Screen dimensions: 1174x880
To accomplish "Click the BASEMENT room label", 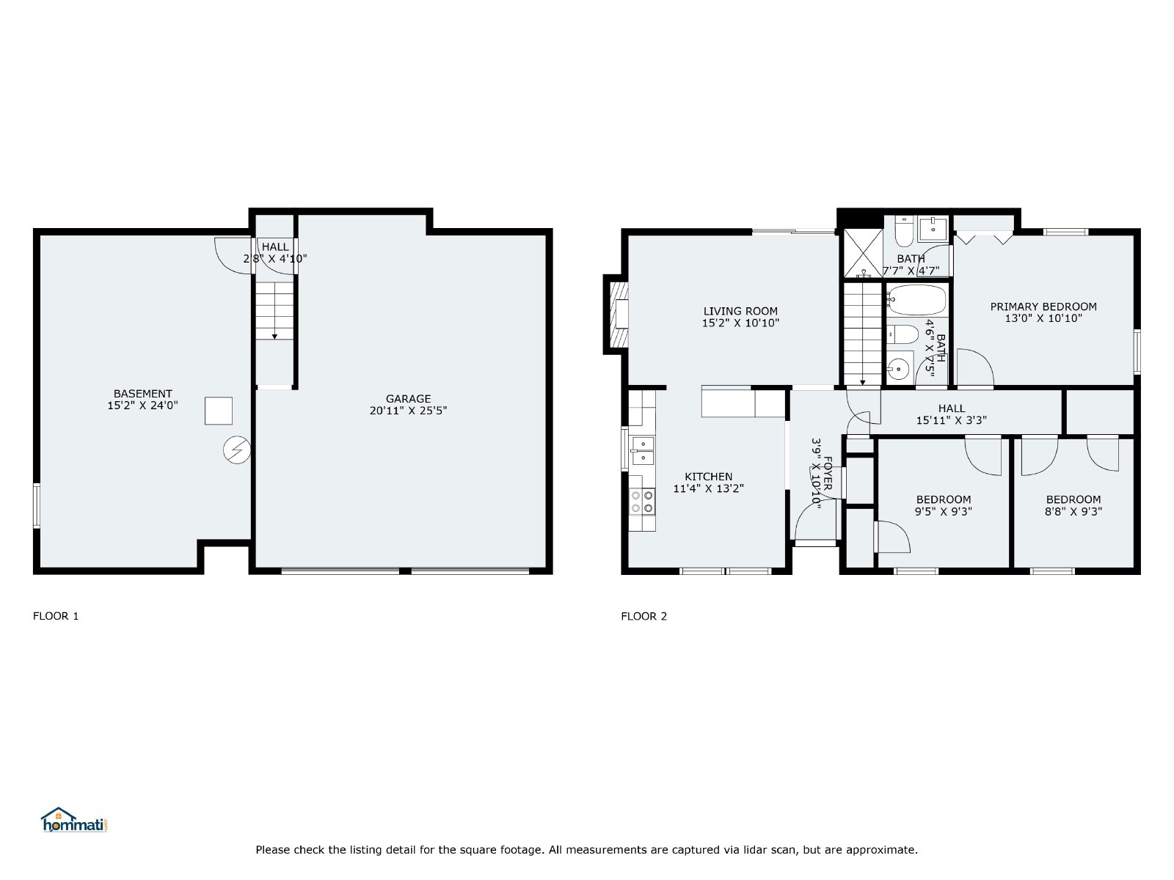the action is [x=142, y=394].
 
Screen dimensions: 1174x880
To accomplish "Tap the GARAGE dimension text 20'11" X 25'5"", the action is [x=408, y=411].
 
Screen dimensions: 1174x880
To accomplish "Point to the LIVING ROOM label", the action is [x=740, y=311].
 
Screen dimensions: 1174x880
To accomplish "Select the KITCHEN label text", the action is [x=708, y=477].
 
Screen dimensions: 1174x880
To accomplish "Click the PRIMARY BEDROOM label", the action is [x=1043, y=307].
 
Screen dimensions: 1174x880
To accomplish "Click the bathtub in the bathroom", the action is [x=916, y=300].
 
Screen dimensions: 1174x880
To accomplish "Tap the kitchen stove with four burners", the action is [x=642, y=502].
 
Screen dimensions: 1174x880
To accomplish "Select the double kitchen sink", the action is [x=642, y=450].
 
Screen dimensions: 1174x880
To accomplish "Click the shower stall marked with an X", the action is [x=863, y=253].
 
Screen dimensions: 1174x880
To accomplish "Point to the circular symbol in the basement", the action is [x=237, y=450].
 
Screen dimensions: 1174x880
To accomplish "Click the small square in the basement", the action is [x=218, y=411].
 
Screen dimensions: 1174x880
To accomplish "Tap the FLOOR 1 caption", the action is [x=56, y=616].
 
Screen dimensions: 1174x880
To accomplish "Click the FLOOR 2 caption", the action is [x=644, y=617].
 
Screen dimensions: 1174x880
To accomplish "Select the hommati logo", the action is [x=74, y=820].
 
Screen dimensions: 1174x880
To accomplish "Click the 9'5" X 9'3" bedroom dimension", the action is [x=944, y=511].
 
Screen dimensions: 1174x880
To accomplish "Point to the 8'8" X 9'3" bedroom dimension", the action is [x=1073, y=511].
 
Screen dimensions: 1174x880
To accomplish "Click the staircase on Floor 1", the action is [x=274, y=311].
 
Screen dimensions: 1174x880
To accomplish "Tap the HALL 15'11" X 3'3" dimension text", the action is [x=952, y=420].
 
